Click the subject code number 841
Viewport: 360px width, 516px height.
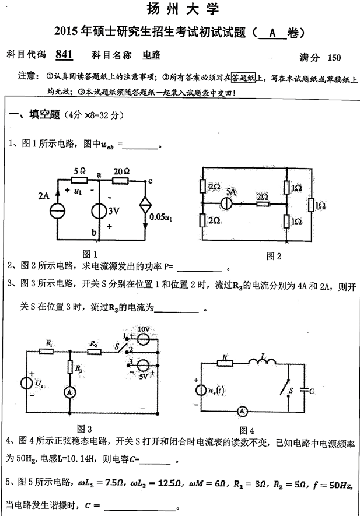64,55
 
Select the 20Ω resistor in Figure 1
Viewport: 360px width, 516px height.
121,181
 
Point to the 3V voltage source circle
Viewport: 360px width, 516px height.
100,211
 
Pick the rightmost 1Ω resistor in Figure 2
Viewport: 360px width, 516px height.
313,204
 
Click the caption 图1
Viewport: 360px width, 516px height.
89,254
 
